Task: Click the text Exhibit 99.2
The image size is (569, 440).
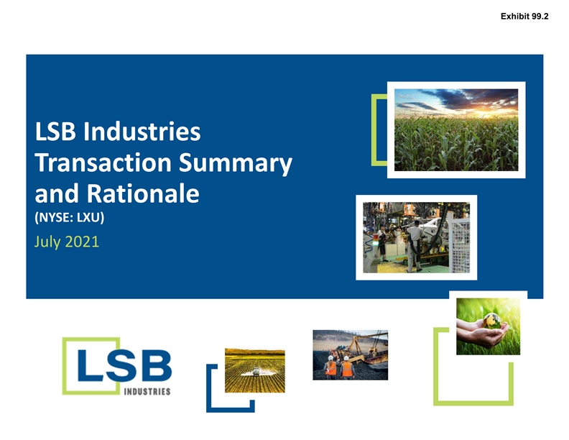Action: coord(524,17)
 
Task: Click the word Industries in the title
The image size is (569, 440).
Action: coord(142,132)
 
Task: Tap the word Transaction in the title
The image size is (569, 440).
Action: coord(103,162)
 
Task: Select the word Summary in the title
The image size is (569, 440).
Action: coord(236,164)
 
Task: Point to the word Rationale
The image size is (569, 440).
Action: coord(143,193)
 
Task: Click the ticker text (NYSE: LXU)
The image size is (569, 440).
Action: coord(69,217)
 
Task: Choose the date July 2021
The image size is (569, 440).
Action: coord(67,242)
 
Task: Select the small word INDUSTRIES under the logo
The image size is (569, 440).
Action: coord(147,391)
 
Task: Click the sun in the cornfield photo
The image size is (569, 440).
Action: coord(486,112)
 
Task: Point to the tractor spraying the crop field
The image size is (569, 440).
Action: coord(256,372)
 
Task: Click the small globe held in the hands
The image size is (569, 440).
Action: coord(491,321)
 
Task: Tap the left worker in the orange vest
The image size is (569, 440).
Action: coord(331,367)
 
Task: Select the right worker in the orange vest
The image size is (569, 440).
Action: coord(347,368)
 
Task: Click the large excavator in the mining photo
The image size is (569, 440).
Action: coord(363,349)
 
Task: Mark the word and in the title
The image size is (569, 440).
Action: coord(57,193)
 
